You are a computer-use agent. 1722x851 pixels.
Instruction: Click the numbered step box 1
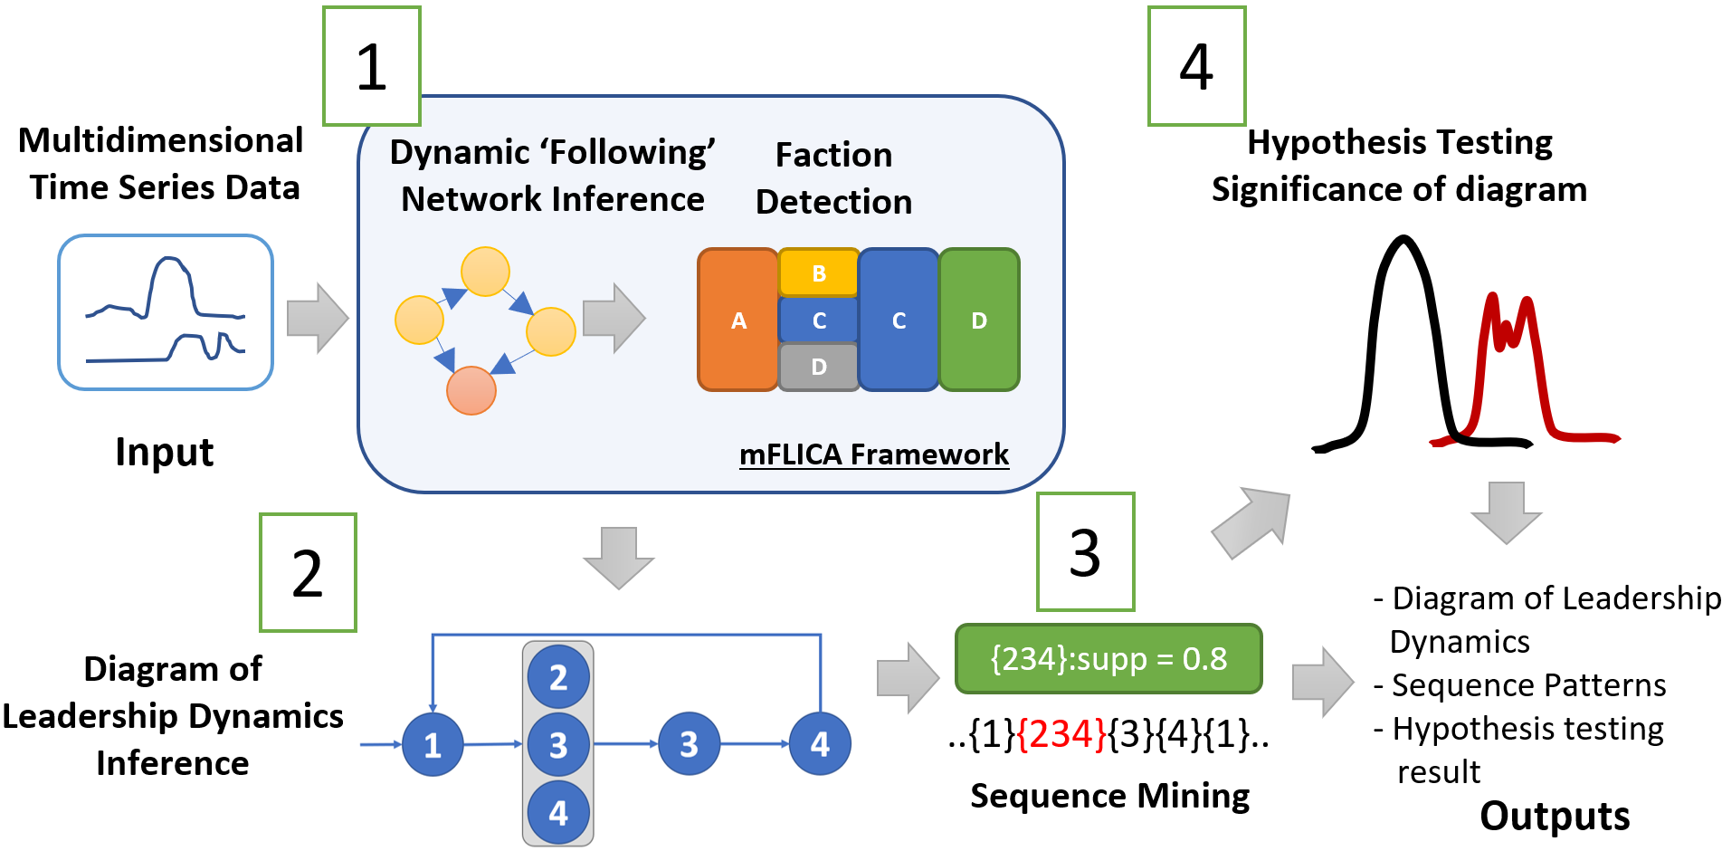click(372, 66)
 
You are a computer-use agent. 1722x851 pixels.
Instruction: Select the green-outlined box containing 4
click(1196, 66)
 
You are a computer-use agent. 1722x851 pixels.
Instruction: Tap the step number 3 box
click(1085, 551)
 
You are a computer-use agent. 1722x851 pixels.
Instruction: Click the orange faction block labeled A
click(738, 320)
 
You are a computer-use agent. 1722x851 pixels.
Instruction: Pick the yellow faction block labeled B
click(818, 273)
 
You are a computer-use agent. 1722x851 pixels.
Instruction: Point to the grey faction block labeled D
click(818, 367)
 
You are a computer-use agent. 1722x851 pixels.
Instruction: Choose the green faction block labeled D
click(979, 320)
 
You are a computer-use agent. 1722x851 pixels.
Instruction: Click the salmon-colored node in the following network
click(471, 390)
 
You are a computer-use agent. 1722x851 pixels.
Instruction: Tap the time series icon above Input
click(166, 312)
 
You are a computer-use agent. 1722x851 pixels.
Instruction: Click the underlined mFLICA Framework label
click(873, 454)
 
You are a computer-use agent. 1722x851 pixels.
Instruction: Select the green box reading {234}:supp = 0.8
click(1108, 658)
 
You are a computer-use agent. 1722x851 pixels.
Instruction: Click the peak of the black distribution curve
click(1403, 241)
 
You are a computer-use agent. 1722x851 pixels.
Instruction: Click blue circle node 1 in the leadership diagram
click(433, 744)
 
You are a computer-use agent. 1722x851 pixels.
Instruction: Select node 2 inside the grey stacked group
click(558, 676)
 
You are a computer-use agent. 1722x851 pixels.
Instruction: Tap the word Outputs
click(1554, 816)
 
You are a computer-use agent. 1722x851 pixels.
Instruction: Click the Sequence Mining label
click(1109, 796)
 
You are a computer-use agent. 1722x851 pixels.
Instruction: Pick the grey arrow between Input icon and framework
click(318, 318)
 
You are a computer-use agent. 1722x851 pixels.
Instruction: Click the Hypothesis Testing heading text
click(1399, 142)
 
